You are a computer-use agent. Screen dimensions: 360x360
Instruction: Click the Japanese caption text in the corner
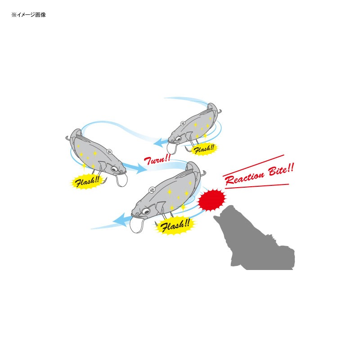pos(29,15)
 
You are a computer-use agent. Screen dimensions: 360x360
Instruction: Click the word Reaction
pos(244,177)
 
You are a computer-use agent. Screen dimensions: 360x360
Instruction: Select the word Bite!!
pos(281,170)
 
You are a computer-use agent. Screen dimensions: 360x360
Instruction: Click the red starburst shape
pos(211,199)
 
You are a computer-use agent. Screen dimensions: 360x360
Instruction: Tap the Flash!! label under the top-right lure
pos(204,149)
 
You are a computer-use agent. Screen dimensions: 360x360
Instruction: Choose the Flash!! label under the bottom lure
pos(175,225)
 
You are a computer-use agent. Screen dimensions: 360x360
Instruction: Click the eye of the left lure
pos(114,169)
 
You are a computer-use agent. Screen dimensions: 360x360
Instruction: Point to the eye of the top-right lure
pos(178,139)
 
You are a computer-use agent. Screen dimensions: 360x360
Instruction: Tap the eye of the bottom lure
pos(145,211)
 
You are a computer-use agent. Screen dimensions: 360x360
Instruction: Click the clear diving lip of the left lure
pos(122,180)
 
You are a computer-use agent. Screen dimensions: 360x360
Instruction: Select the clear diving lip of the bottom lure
pos(137,225)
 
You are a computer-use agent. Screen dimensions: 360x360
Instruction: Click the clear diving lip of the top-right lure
pos(172,148)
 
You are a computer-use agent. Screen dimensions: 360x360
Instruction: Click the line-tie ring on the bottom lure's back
pos(152,190)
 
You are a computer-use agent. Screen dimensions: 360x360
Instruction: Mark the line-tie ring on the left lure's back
pos(109,151)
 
